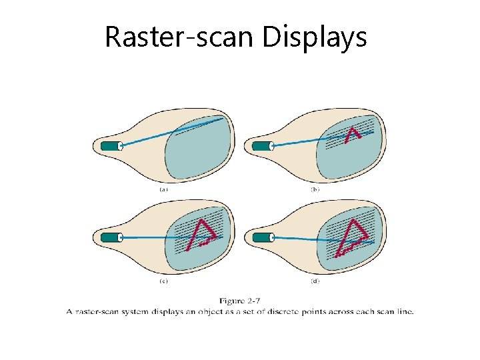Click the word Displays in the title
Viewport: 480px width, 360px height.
click(315, 37)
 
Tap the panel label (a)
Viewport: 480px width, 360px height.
click(163, 189)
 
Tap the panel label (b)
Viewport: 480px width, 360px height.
click(315, 189)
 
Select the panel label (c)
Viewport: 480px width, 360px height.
click(163, 281)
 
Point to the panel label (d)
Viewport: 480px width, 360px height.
click(315, 281)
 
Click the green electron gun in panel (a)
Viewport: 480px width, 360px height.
click(110, 146)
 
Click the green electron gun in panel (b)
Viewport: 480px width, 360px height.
click(261, 145)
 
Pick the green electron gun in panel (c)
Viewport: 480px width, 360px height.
click(110, 237)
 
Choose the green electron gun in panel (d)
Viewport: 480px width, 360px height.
click(261, 237)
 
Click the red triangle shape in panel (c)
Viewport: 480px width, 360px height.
click(201, 234)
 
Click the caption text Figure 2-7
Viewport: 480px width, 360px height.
click(239, 301)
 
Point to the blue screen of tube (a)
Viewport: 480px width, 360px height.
click(200, 150)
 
